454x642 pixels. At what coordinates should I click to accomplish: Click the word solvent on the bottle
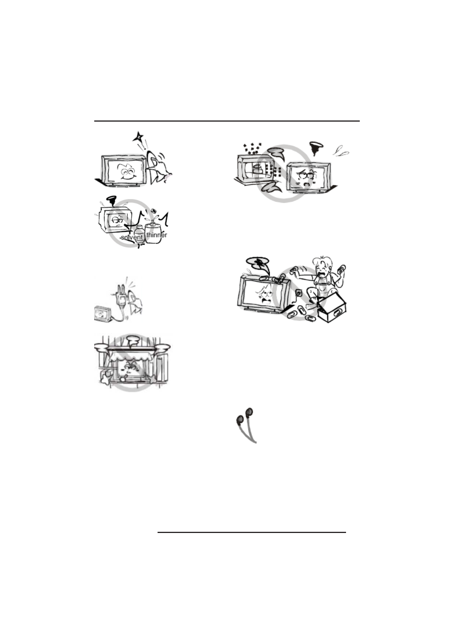tap(132, 237)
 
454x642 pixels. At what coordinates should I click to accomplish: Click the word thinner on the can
tap(156, 235)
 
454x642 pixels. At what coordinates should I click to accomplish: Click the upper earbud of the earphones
tap(249, 411)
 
